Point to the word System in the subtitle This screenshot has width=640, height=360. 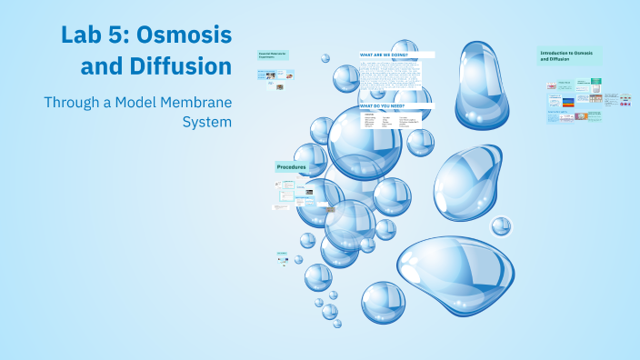(207, 121)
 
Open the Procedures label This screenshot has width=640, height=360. (292, 167)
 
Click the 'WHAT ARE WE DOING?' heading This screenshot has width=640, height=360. (383, 55)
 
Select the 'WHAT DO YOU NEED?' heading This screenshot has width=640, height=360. (383, 106)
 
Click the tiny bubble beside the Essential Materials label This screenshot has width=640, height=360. (325, 58)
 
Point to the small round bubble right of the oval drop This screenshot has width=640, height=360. (501, 225)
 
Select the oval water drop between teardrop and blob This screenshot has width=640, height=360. (466, 182)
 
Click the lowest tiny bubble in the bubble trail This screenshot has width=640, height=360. (337, 323)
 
